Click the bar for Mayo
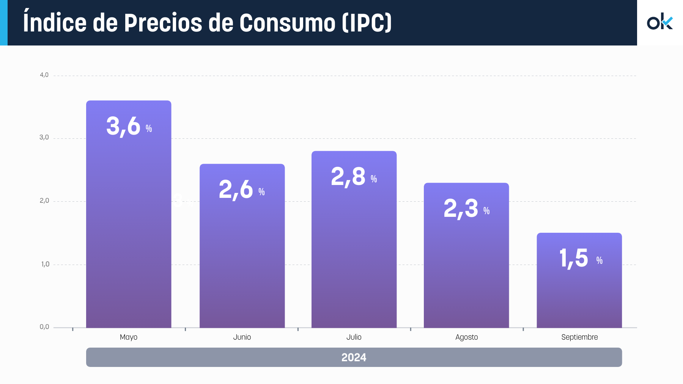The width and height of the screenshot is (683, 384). [129, 227]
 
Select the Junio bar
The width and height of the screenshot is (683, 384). [242, 258]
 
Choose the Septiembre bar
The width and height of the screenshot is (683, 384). [579, 292]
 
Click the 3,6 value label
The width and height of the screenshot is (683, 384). [124, 126]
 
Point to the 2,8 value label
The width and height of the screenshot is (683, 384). [348, 177]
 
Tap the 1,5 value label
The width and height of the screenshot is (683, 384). [574, 259]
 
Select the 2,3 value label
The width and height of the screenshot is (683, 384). [461, 208]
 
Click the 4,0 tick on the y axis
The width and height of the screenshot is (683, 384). [44, 75]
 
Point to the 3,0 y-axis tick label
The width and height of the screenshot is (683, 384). [44, 138]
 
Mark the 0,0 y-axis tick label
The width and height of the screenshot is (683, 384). [44, 327]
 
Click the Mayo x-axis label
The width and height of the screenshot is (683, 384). [129, 337]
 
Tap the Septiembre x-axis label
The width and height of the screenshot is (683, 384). [579, 337]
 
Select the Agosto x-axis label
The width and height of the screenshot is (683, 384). [466, 337]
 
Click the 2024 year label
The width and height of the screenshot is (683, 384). [354, 357]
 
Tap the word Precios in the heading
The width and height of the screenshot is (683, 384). [163, 23]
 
